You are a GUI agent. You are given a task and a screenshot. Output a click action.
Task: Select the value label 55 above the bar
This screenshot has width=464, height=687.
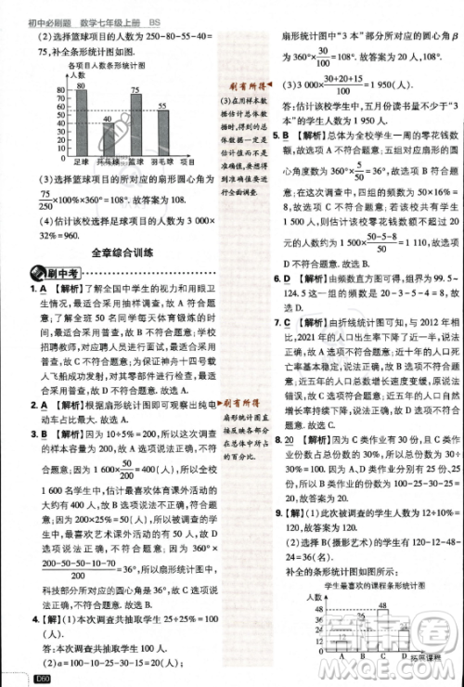point(163,105)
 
